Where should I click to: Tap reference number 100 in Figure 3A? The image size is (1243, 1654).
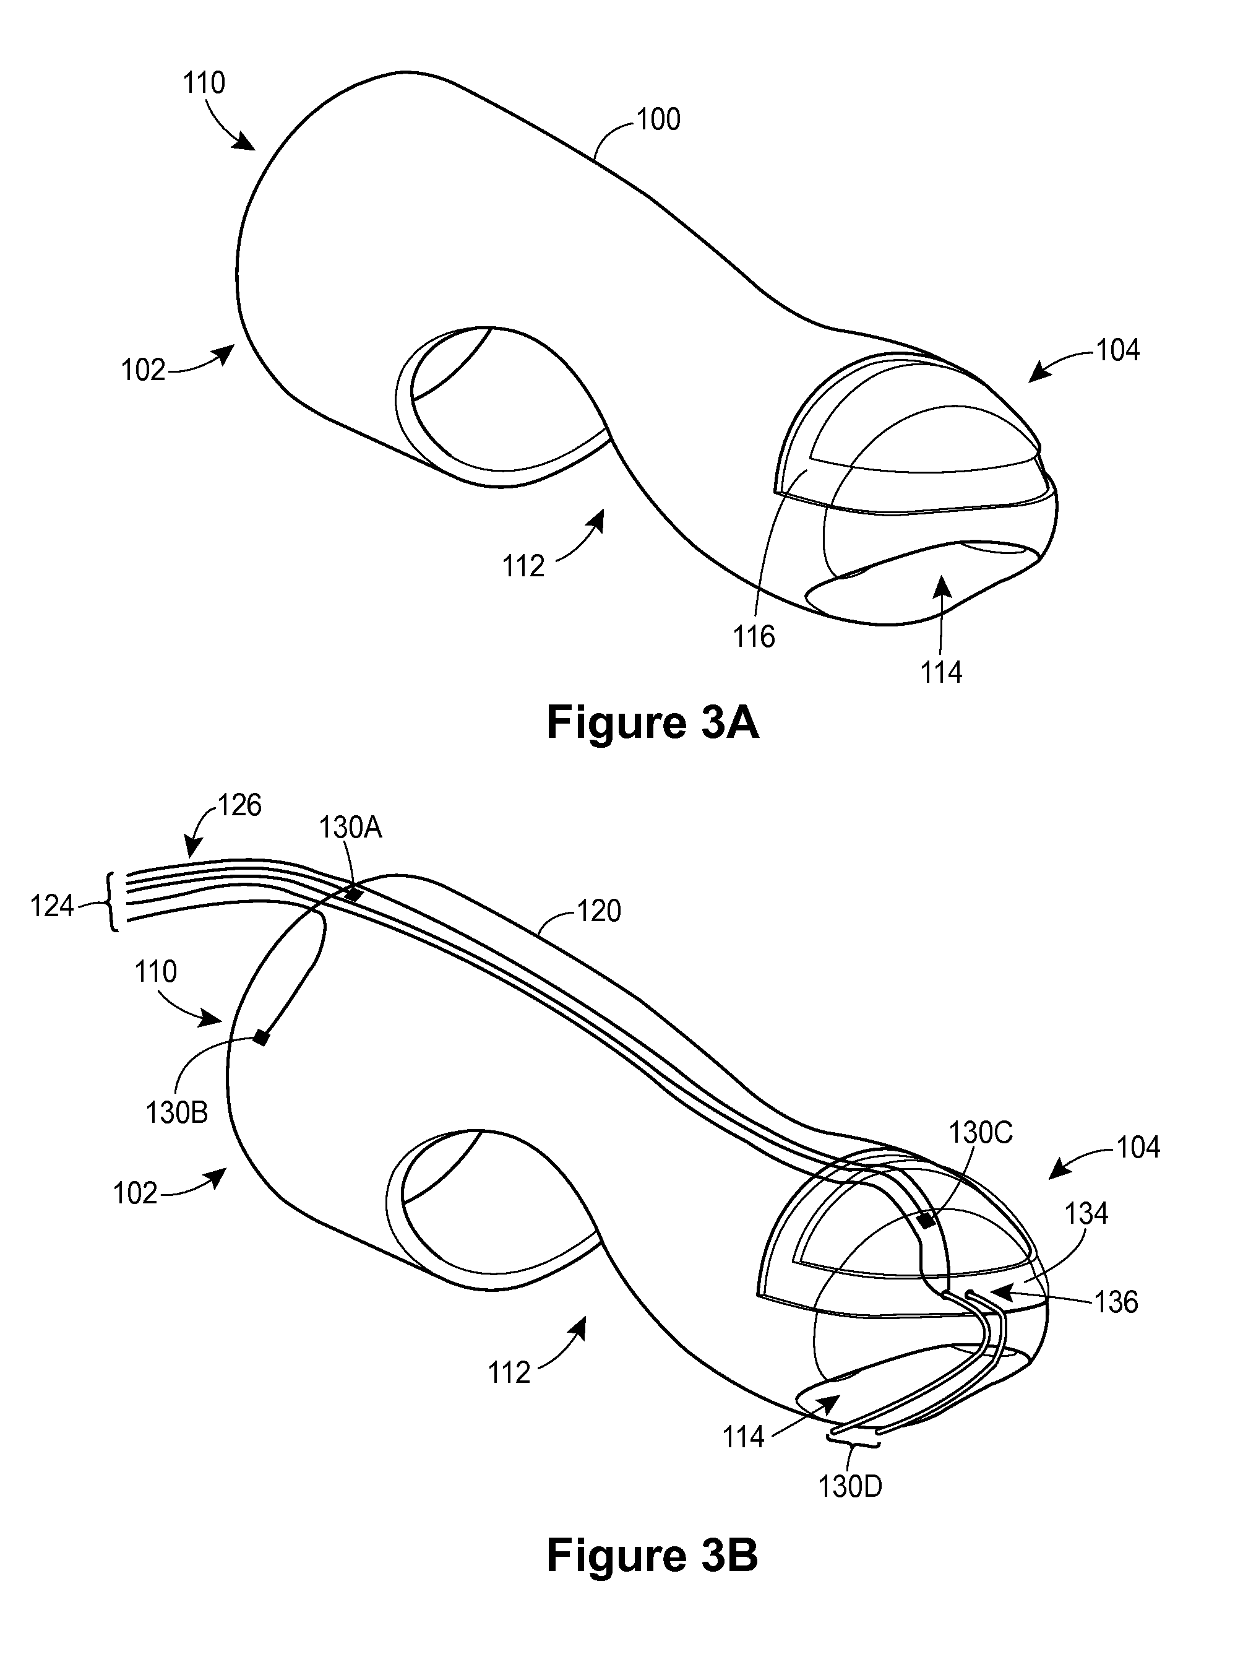pos(658,119)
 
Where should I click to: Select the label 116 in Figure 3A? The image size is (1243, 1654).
pos(754,637)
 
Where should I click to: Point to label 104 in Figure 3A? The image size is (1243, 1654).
pos(1117,350)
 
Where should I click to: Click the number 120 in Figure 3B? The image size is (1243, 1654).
pos(599,911)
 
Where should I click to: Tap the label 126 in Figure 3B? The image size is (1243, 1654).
pos(239,805)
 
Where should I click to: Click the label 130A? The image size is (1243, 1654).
pos(351,828)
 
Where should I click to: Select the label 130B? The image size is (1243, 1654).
pos(176,1114)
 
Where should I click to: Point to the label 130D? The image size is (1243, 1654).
pos(851,1487)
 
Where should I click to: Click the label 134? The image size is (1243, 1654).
pos(1086,1213)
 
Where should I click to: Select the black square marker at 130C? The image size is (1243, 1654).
pos(927,1221)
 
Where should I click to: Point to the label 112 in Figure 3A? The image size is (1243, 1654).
pos(523,566)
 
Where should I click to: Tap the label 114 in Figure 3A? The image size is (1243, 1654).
pos(940,672)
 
